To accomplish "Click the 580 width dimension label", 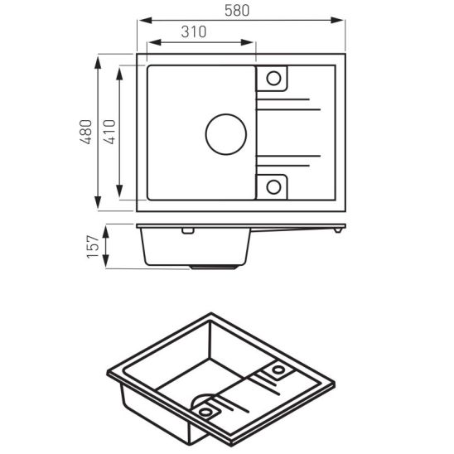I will (242, 9).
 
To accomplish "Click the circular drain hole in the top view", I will (225, 133).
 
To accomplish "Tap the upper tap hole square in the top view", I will (273, 80).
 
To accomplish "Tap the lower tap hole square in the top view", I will (273, 186).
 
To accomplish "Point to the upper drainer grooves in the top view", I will (290, 105).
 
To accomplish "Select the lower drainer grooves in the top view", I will (290, 158).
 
